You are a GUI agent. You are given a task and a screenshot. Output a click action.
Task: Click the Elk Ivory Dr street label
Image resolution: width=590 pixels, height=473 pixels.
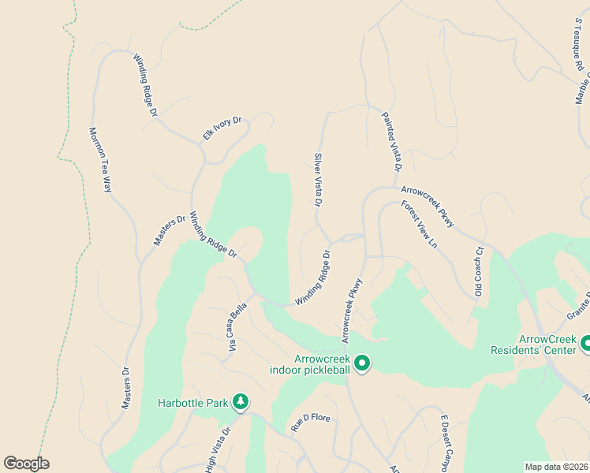tap(222, 128)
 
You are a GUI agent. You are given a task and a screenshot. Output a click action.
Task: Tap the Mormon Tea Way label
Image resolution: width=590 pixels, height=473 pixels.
tap(99, 160)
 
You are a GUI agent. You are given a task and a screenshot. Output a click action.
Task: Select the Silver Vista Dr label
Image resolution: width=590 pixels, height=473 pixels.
tap(318, 181)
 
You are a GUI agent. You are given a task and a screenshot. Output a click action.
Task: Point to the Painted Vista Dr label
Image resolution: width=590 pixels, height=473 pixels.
tap(392, 142)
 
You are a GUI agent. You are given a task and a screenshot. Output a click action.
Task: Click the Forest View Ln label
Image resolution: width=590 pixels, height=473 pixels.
tap(418, 225)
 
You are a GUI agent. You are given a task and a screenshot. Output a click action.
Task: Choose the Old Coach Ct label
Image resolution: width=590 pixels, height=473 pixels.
tap(478, 273)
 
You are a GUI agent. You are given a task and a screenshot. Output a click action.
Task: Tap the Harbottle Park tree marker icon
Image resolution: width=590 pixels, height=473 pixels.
tap(241, 403)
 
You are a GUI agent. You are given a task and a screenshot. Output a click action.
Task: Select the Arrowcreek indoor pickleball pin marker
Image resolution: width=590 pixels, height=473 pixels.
tap(362, 363)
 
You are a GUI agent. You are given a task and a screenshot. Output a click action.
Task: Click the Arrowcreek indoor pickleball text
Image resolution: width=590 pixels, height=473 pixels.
tap(310, 364)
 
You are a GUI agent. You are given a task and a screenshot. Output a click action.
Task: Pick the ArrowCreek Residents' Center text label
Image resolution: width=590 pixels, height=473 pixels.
tap(533, 344)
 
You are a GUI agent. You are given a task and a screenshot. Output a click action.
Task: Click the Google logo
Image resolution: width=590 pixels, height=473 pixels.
tap(26, 464)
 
